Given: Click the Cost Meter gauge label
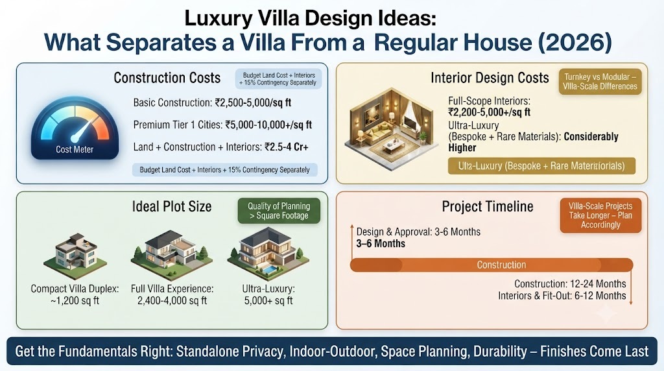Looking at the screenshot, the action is click(75, 149).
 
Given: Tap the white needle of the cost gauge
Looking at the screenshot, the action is click(82, 129).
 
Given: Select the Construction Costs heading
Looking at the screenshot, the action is click(167, 78).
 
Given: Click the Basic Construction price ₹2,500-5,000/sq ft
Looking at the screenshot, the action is click(253, 103).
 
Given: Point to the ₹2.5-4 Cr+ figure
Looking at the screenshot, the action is click(286, 147).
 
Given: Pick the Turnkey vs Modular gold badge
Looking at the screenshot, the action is click(600, 82).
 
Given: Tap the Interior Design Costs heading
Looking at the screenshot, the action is click(490, 78).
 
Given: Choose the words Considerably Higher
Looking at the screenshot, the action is click(534, 142).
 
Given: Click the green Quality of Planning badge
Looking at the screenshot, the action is click(279, 211).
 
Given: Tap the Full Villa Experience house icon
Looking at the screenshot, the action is click(171, 253).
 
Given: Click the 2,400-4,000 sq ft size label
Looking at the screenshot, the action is click(172, 301).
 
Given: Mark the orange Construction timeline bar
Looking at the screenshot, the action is click(492, 265).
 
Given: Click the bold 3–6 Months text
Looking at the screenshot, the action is click(381, 243).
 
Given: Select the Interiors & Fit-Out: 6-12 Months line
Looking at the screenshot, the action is click(562, 296).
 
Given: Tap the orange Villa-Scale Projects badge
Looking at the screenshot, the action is click(600, 215).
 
